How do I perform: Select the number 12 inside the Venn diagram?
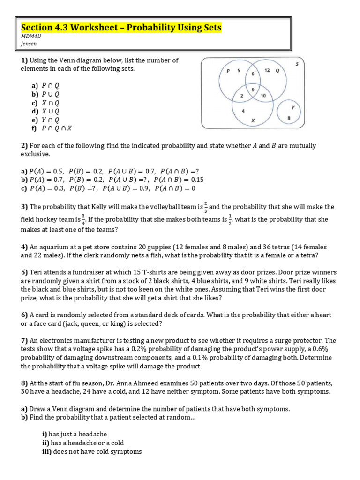pyautogui.click(x=267, y=70)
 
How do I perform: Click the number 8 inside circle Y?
pyautogui.click(x=289, y=118)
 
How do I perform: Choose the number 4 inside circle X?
pyautogui.click(x=243, y=111)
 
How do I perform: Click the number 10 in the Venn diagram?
pyautogui.click(x=263, y=96)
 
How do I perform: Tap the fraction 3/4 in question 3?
pyautogui.click(x=83, y=219)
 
